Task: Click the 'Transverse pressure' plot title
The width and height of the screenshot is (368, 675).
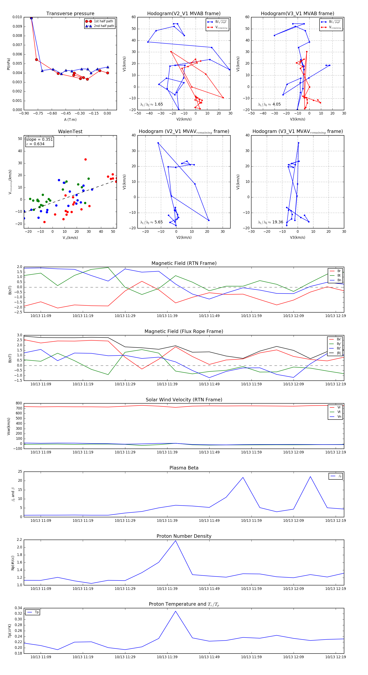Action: click(x=70, y=14)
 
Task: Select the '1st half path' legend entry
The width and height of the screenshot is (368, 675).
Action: click(x=103, y=21)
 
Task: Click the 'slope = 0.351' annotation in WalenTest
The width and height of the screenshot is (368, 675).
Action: click(x=39, y=139)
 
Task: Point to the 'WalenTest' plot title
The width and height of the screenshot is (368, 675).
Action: click(x=70, y=132)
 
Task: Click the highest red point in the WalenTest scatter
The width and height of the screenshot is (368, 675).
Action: click(x=85, y=159)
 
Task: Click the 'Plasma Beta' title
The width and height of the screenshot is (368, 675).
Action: click(x=184, y=468)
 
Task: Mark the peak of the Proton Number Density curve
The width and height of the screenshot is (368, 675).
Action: click(x=175, y=541)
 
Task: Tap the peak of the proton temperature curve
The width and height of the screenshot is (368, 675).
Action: click(x=175, y=611)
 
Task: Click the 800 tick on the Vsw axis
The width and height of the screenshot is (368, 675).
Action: click(x=19, y=403)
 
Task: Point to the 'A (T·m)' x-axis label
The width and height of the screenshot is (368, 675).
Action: click(x=70, y=119)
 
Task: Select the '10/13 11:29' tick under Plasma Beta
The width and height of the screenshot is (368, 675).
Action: click(x=125, y=520)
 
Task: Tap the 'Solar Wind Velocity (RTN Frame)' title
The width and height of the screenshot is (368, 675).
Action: click(x=184, y=400)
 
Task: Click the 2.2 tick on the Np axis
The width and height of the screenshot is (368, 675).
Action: click(x=19, y=540)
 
